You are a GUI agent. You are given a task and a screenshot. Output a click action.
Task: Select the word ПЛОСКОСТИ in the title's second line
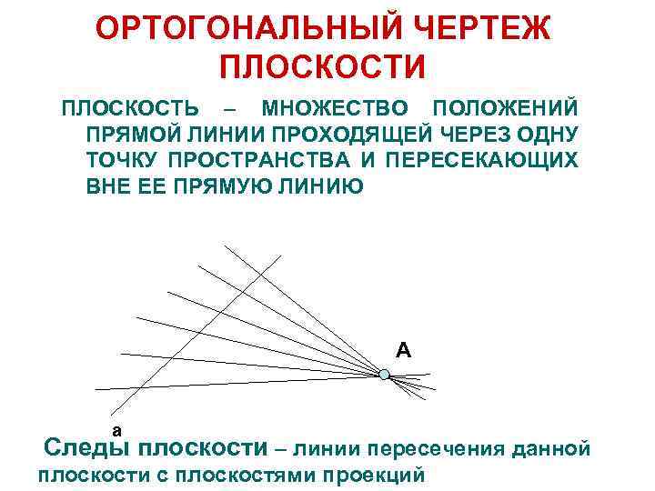click(x=323, y=66)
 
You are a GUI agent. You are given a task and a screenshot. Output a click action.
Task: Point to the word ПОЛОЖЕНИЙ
click(x=505, y=109)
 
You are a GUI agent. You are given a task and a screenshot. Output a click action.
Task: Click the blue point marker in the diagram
click(x=384, y=374)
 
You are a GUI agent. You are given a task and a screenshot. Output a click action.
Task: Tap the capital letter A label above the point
click(x=403, y=349)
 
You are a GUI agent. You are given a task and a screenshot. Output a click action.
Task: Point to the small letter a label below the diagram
click(x=116, y=428)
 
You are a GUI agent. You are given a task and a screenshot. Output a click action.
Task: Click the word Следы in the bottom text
click(x=88, y=448)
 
